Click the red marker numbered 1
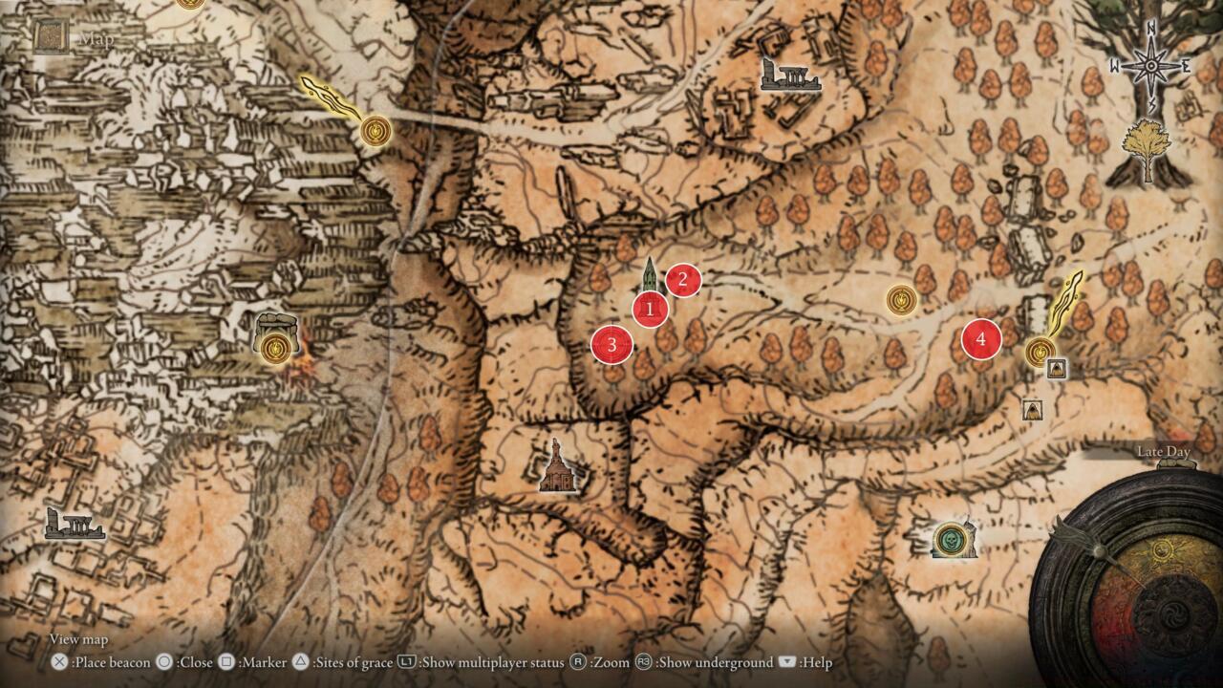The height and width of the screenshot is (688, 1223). coord(650,310)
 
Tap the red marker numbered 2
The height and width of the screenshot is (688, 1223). coord(683,280)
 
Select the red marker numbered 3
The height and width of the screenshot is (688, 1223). coord(611,345)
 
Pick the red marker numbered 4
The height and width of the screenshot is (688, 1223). coord(980,339)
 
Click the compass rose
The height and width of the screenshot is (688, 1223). coord(1151,67)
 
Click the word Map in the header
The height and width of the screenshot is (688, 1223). coord(97,39)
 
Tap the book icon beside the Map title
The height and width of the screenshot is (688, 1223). coord(50,37)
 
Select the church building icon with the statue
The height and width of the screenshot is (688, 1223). coord(556,467)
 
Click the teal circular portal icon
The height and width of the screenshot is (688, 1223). coord(951,540)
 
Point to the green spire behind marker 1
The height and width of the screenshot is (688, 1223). coord(650,275)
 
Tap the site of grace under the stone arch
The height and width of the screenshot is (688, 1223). coord(276,348)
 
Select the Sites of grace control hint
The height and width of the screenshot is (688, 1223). coord(340,662)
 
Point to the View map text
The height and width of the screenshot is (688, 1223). coord(78,639)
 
